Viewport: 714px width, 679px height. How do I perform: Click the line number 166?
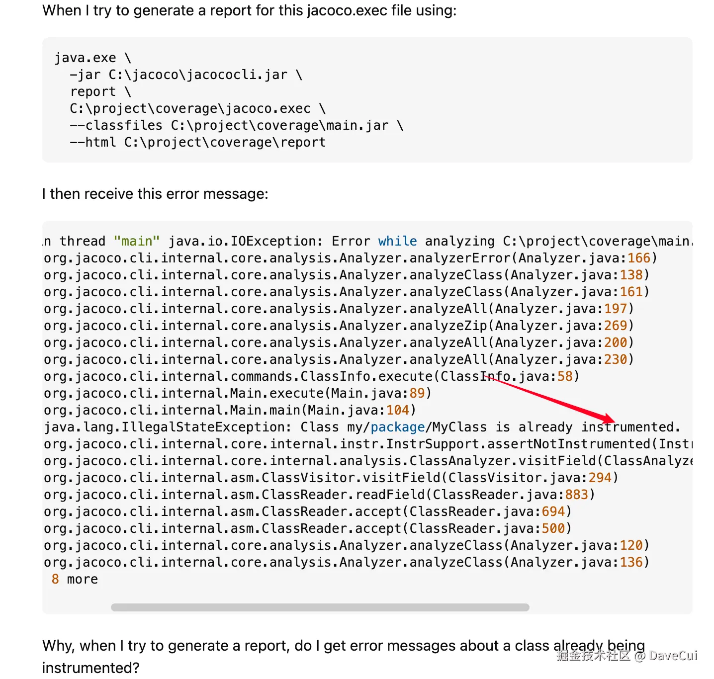point(638,258)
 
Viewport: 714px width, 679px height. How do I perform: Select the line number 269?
point(615,326)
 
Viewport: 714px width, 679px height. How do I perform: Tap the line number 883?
point(576,495)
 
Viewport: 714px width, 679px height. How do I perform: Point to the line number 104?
point(398,410)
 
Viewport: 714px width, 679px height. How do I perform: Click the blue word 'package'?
point(398,427)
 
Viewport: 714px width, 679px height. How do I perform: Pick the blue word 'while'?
point(397,241)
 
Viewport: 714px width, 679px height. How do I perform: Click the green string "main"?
point(137,241)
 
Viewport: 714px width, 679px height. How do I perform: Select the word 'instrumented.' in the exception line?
point(630,427)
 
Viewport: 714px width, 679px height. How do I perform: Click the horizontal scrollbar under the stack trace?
point(320,607)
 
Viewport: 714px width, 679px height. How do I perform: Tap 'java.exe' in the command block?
point(85,58)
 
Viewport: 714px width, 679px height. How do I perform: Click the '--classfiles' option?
point(116,126)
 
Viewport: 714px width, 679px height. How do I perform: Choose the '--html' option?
point(92,143)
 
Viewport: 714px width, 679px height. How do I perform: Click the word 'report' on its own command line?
point(92,92)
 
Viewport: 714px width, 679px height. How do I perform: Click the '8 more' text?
point(75,579)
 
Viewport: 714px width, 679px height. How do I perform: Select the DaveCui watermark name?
point(673,656)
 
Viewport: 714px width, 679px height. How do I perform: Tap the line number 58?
point(565,376)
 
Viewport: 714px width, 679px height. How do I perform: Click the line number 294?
point(600,478)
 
